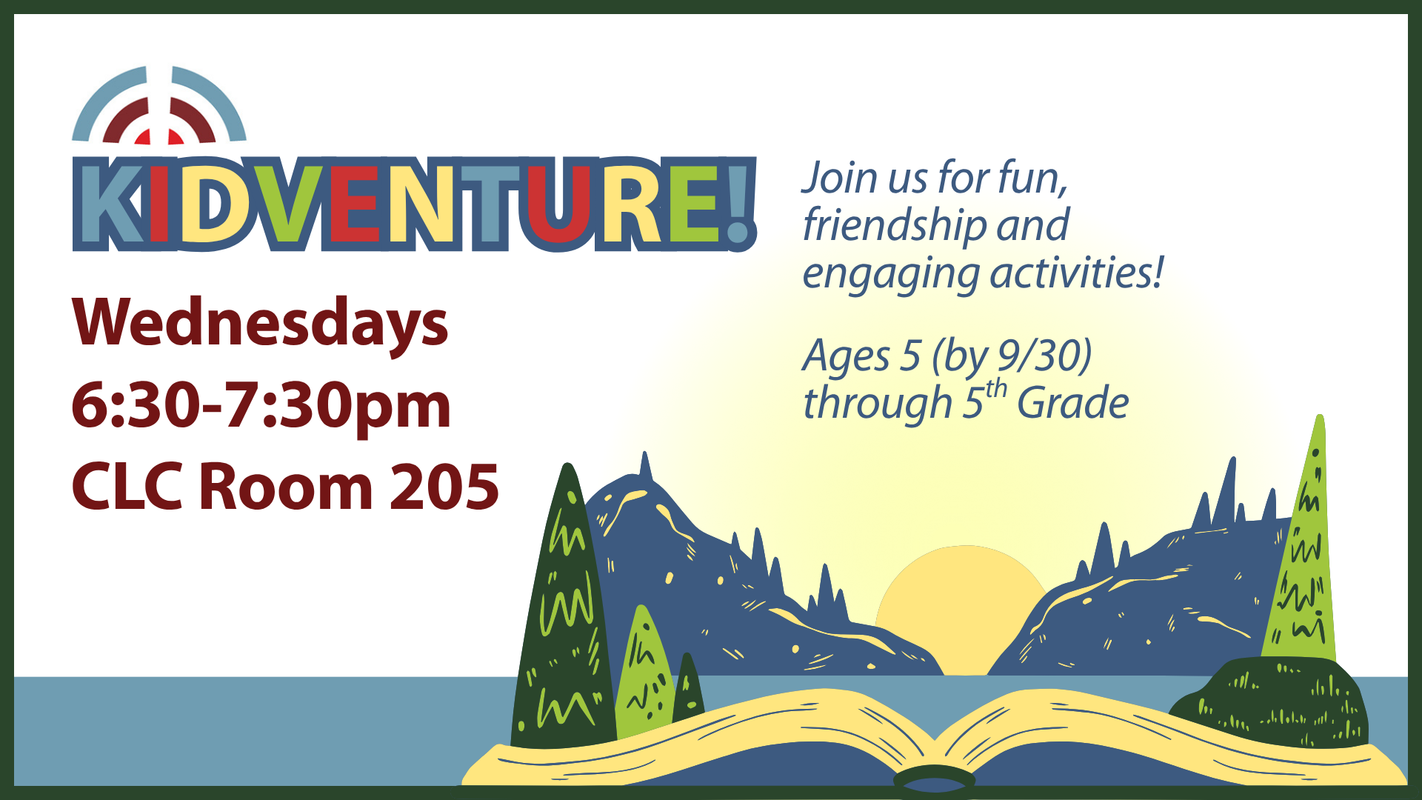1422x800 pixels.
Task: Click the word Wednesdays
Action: coord(260,324)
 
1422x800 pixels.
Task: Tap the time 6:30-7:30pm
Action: coord(261,406)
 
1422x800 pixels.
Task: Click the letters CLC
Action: coord(127,487)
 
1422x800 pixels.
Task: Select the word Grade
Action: coord(1073,404)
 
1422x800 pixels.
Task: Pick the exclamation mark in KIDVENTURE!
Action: coord(738,204)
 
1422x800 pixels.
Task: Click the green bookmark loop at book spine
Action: coord(935,779)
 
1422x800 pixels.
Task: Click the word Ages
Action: coord(847,358)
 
